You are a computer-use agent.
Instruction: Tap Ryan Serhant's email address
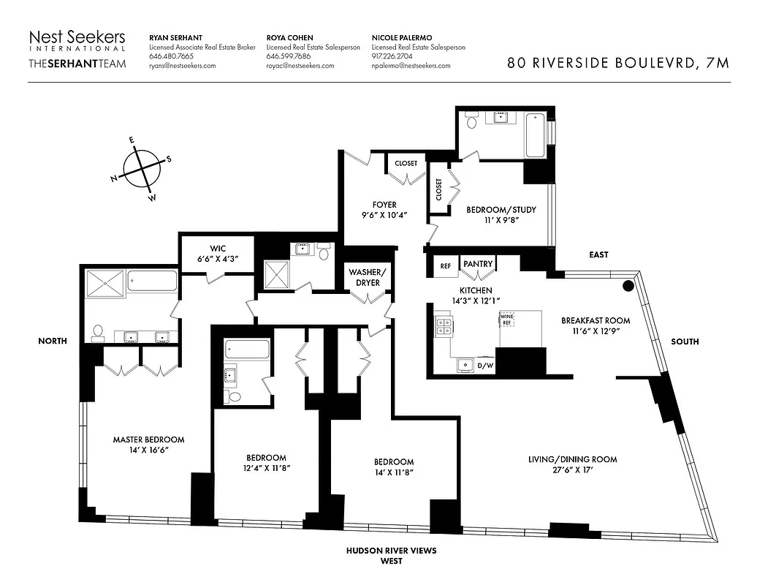[182, 66]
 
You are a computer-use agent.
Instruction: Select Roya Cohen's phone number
[288, 56]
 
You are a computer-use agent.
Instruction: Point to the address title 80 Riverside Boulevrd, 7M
[618, 63]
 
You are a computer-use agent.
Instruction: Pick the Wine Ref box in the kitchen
[507, 320]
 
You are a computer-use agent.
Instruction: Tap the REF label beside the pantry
[445, 267]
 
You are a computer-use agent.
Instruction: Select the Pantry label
[478, 264]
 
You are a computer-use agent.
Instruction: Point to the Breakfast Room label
[595, 320]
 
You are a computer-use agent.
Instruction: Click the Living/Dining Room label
[572, 459]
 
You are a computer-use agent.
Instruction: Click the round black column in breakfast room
[627, 286]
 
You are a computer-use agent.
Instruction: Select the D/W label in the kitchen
[485, 364]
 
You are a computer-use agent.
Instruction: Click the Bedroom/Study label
[501, 210]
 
